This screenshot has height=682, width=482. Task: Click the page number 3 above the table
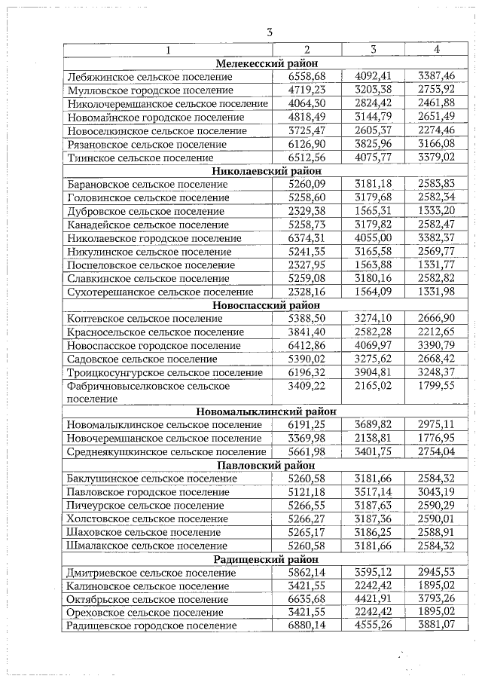tap(269, 32)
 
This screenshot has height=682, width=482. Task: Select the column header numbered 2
tap(307, 50)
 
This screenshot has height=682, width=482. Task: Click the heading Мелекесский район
tap(267, 63)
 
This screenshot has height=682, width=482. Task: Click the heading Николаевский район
tap(267, 171)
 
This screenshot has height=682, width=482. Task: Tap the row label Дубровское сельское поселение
tap(145, 212)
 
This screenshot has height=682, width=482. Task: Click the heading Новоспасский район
tap(267, 305)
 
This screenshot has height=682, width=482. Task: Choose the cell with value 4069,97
tap(373, 346)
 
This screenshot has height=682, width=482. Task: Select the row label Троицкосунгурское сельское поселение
tap(165, 373)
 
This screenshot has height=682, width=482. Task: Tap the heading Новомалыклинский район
tap(267, 411)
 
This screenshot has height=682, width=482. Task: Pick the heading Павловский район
tap(267, 466)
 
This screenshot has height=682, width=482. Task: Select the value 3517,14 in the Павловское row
tap(373, 492)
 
